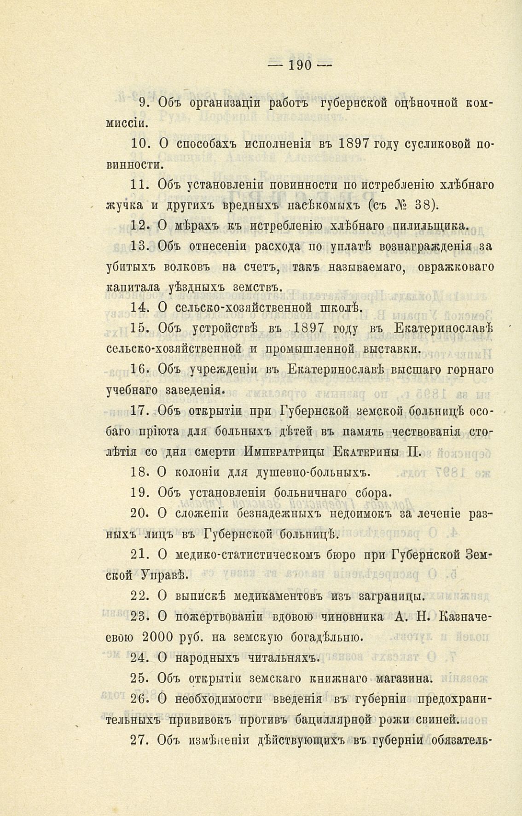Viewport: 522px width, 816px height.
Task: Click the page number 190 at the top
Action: point(300,65)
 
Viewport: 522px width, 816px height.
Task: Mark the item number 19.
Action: point(139,493)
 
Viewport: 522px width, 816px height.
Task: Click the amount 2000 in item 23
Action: point(157,637)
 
